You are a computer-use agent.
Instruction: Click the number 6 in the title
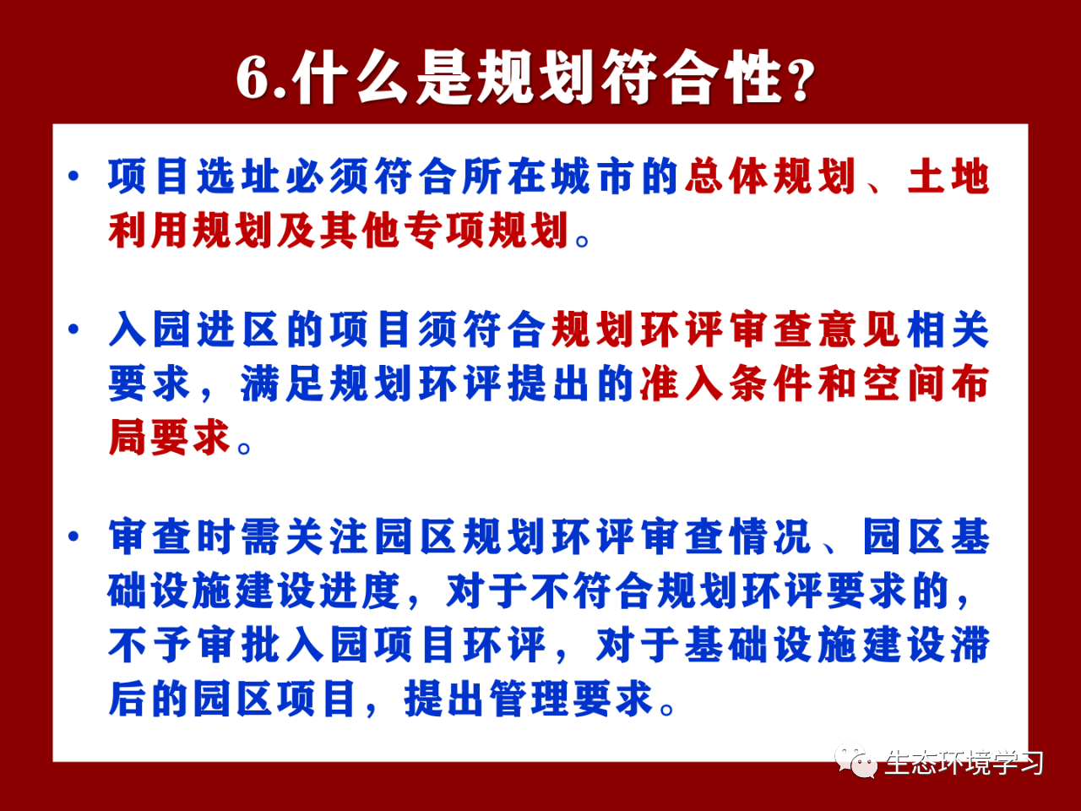pyautogui.click(x=254, y=78)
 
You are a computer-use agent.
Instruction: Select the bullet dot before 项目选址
pyautogui.click(x=73, y=176)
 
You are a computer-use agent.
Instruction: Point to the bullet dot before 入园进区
pyautogui.click(x=73, y=329)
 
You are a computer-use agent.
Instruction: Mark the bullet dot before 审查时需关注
pyautogui.click(x=73, y=536)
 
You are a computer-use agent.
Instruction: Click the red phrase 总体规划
pyautogui.click(x=770, y=176)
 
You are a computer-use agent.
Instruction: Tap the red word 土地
pyautogui.click(x=948, y=176)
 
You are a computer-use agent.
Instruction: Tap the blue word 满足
pyautogui.click(x=283, y=383)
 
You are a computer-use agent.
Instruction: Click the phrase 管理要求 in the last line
pyautogui.click(x=571, y=699)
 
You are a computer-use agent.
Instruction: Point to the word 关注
pyautogui.click(x=327, y=536)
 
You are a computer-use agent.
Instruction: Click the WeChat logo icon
pyautogui.click(x=856, y=761)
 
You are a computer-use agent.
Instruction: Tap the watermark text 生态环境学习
pyautogui.click(x=964, y=763)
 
